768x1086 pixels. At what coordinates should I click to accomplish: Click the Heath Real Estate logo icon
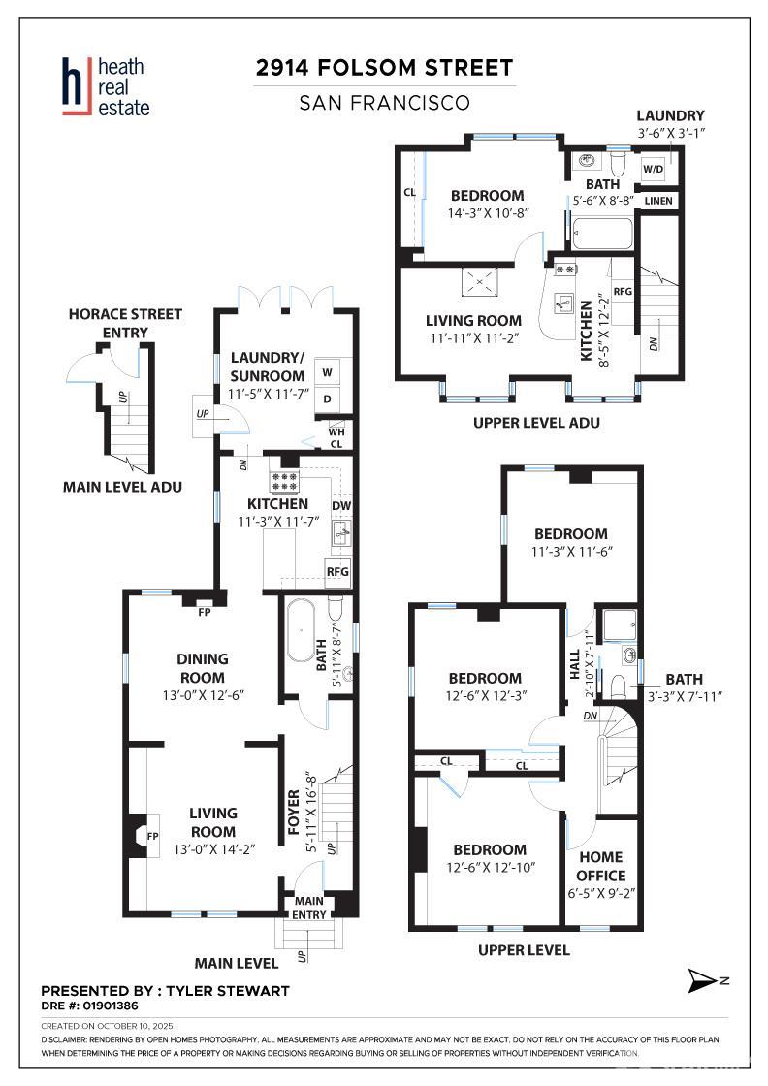(x=77, y=86)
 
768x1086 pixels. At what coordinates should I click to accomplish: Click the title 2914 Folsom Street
(x=384, y=68)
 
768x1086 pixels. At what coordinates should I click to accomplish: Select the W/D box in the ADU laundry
(x=653, y=169)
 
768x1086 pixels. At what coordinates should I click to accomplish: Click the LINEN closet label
(x=657, y=201)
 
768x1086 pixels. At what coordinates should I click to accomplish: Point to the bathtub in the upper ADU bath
(x=602, y=234)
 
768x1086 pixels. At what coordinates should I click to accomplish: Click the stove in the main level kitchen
(x=284, y=481)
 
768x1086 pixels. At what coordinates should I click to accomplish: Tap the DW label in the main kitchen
(x=340, y=506)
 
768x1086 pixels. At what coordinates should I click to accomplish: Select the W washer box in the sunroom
(x=327, y=372)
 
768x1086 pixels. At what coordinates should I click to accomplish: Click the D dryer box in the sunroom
(x=327, y=399)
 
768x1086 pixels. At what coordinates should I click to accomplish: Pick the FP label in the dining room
(x=205, y=612)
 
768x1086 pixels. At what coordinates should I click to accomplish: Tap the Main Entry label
(x=309, y=908)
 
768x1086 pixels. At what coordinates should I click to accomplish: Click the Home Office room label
(x=601, y=867)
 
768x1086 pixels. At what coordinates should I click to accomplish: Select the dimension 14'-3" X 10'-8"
(x=488, y=213)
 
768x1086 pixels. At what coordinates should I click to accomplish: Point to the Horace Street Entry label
(x=125, y=324)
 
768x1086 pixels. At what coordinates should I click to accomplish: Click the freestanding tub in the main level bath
(x=301, y=631)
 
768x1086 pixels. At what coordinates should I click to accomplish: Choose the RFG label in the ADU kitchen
(x=623, y=292)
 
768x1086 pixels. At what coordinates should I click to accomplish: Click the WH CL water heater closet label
(x=336, y=437)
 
